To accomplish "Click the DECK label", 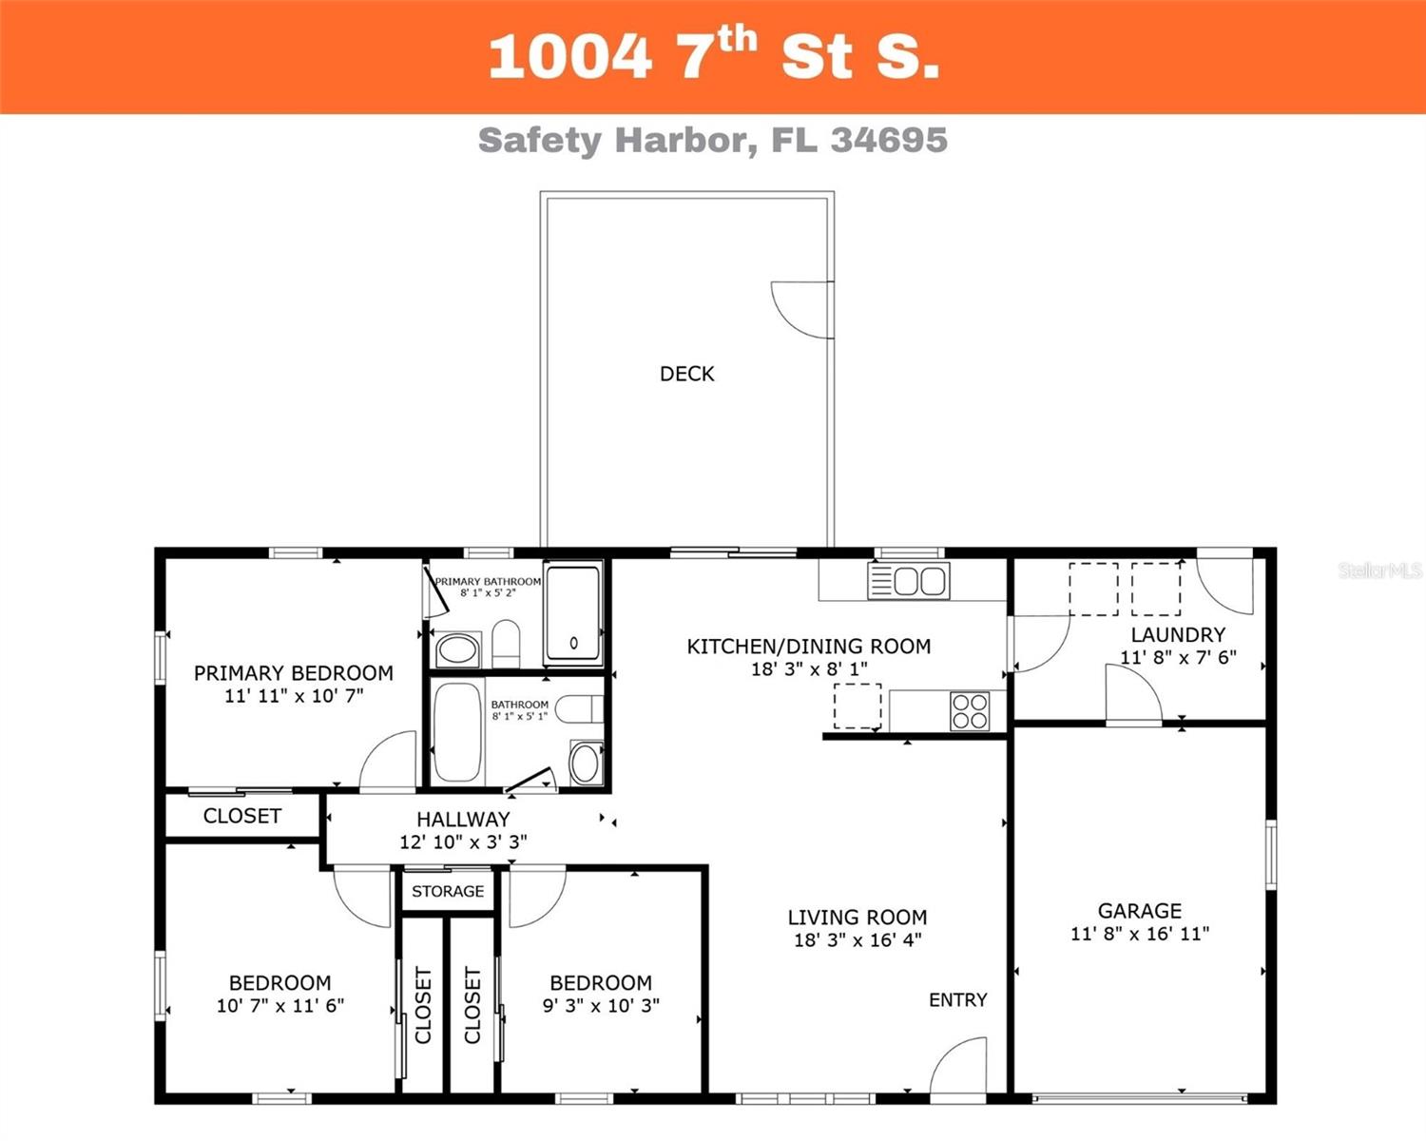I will coord(686,374).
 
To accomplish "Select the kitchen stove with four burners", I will coord(970,711).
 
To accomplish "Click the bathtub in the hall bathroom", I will coord(458,731).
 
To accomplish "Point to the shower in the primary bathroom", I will coord(573,613).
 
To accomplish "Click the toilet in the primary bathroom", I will coord(506,644).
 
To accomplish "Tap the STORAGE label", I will coord(448,891).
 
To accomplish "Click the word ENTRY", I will coord(957,999).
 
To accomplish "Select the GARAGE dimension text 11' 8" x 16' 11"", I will coord(1139,934).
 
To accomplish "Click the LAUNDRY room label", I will coord(1178,634).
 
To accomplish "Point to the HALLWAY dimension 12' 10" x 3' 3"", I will coord(463,841).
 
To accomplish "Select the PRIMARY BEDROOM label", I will coord(294,673).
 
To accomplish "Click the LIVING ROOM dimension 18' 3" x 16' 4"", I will coord(858,940).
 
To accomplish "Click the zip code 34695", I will coord(889,140).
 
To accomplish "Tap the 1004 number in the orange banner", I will coord(569,57).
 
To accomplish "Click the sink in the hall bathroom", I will coord(585,762).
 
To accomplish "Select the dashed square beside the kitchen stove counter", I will coord(857,706).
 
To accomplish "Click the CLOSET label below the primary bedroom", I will coord(242,816).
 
